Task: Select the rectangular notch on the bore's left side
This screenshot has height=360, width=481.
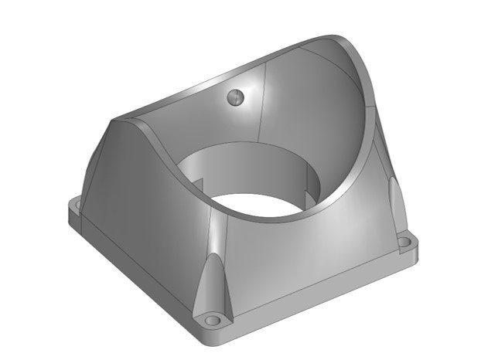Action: coord(200,185)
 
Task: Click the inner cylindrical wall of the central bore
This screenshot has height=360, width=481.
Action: coord(247,166)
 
